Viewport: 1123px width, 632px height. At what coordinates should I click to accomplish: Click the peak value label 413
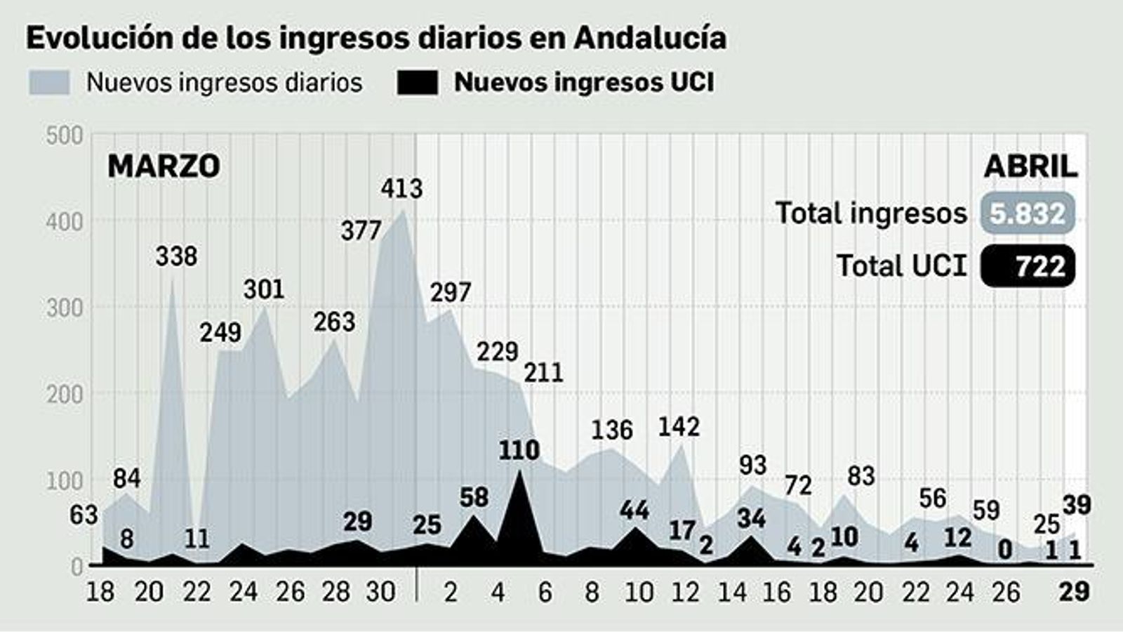(x=401, y=189)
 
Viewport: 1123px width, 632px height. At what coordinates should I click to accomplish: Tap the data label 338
(x=176, y=256)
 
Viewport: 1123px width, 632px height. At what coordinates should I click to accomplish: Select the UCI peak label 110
(x=519, y=450)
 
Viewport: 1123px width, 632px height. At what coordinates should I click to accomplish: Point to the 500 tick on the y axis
(x=65, y=135)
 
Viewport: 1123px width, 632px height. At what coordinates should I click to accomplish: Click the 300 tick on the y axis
(x=65, y=308)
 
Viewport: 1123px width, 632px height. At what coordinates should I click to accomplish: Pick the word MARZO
(x=164, y=166)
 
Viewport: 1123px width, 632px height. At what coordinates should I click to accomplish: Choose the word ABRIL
(x=1030, y=166)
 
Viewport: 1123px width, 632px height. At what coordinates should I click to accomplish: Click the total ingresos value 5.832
(x=1028, y=213)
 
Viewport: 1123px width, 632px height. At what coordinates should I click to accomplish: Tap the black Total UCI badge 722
(x=1028, y=266)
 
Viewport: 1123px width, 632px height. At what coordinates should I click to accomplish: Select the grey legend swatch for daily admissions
(x=49, y=82)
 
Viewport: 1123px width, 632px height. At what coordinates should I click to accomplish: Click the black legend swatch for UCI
(x=418, y=82)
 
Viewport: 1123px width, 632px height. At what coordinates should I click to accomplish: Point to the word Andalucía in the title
(x=650, y=38)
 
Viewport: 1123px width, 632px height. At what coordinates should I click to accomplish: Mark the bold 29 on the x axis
(x=1074, y=592)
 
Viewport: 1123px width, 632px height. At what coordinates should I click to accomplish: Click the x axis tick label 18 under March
(x=100, y=592)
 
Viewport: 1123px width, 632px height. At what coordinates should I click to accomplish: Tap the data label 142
(x=679, y=427)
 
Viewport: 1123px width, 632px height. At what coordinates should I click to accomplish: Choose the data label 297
(x=451, y=292)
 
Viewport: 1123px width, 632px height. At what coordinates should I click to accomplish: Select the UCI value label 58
(x=474, y=497)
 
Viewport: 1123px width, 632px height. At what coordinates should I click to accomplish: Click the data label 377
(x=361, y=231)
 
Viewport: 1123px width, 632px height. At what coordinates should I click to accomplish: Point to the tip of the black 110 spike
(x=519, y=470)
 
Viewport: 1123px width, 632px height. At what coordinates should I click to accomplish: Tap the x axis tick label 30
(x=381, y=592)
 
